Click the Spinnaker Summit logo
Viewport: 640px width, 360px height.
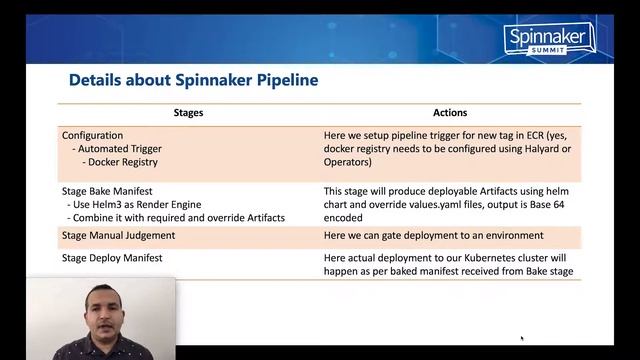[549, 38]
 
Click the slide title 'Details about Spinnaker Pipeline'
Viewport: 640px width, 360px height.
[192, 79]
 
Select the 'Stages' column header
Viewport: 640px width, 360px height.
[188, 113]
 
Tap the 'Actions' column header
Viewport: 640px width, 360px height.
[450, 113]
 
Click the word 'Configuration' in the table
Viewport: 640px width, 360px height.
[93, 135]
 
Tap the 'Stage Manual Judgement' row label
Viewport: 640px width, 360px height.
[118, 235]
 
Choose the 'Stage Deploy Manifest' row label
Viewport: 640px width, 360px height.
[112, 258]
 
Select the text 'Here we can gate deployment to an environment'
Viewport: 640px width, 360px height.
[433, 235]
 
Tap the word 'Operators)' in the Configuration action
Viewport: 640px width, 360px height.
[348, 161]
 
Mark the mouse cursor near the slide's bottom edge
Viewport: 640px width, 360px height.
[522, 338]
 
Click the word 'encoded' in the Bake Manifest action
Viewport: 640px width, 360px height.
[345, 217]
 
